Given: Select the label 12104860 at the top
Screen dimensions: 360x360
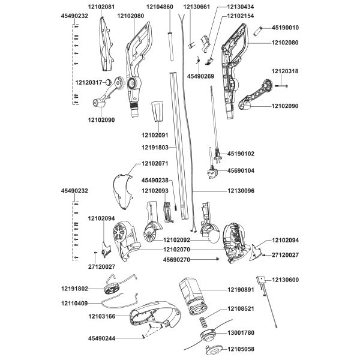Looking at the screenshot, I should [160, 7].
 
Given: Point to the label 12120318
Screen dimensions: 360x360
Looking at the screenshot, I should [285, 71].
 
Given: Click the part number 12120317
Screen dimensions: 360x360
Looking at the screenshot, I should [89, 82].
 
